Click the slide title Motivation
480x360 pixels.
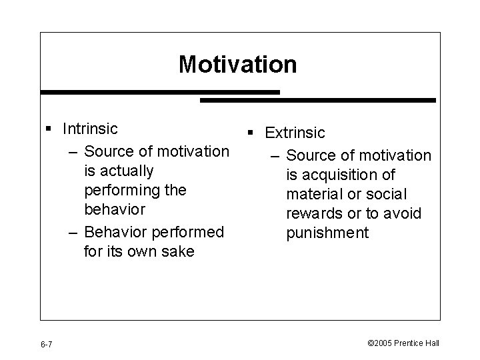pos(237,65)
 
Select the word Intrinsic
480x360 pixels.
pos(90,128)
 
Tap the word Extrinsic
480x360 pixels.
pos(295,133)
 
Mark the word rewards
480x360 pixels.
pos(314,213)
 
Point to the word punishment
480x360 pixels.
pos(327,233)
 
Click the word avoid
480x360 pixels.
pos(405,213)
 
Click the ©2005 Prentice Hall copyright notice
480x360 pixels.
pos(403,343)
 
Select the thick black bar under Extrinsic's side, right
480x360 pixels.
pos(318,100)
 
